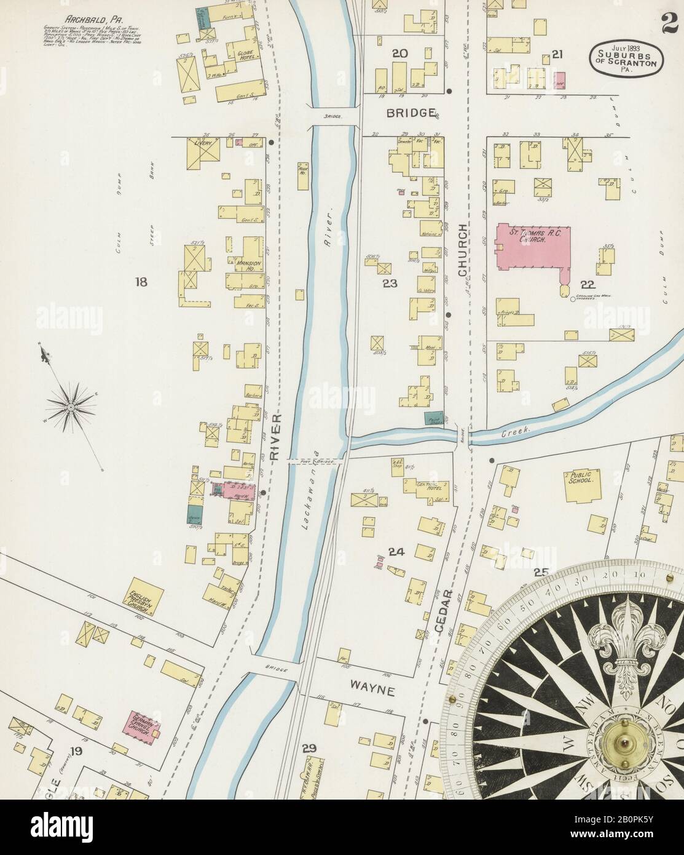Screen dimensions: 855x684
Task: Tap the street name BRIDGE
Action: [x=411, y=113]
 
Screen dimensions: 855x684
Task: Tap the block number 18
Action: [x=141, y=282]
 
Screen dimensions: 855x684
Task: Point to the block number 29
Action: [x=309, y=749]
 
